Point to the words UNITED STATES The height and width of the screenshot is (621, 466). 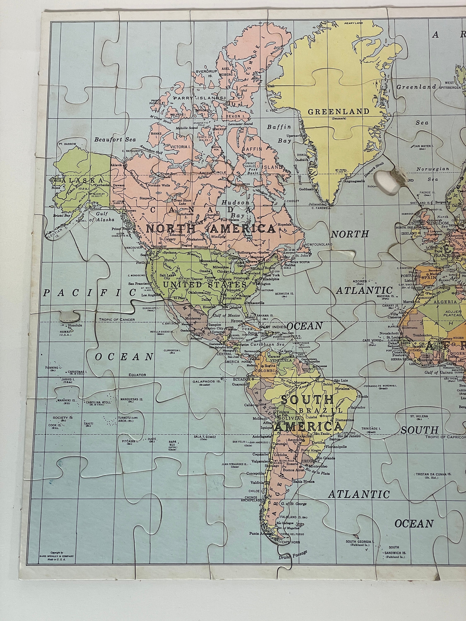click(202, 285)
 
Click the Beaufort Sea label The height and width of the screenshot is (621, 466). click(115, 140)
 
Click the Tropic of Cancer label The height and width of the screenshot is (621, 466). click(117, 319)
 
